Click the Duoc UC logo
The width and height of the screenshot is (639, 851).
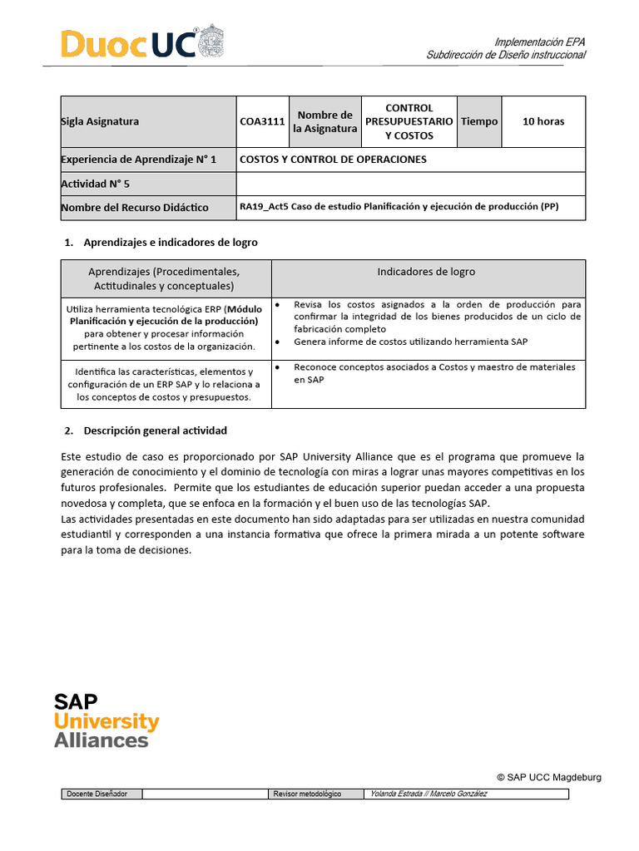pyautogui.click(x=141, y=43)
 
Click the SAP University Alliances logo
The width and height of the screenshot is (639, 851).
pyautogui.click(x=106, y=720)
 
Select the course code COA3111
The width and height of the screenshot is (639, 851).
pyautogui.click(x=262, y=121)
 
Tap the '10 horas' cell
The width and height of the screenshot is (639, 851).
pyautogui.click(x=542, y=121)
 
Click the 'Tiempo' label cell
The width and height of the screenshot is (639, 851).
pyautogui.click(x=479, y=121)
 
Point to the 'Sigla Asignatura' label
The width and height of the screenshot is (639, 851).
pyautogui.click(x=101, y=121)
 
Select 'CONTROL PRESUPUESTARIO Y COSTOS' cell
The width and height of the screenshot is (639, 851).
pyautogui.click(x=409, y=121)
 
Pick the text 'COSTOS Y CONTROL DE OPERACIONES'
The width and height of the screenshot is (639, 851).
pyautogui.click(x=333, y=160)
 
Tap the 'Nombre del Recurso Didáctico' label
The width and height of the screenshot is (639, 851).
pyautogui.click(x=135, y=208)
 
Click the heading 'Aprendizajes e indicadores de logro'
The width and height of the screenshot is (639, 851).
pyautogui.click(x=171, y=243)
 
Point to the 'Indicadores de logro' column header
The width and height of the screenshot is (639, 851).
pyautogui.click(x=426, y=272)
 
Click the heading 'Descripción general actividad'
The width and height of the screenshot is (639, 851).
pyautogui.click(x=156, y=430)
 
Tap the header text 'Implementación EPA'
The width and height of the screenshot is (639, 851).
pyautogui.click(x=540, y=42)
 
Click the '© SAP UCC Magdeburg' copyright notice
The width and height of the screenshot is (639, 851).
pyautogui.click(x=548, y=777)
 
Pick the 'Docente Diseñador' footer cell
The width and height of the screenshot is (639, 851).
pyautogui.click(x=97, y=794)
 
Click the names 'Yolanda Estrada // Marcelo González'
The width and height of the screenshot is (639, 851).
pyautogui.click(x=428, y=794)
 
